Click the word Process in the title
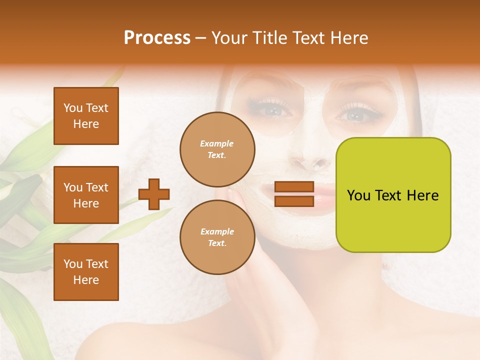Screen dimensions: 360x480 click(157, 38)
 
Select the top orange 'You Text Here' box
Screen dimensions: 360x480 click(86, 116)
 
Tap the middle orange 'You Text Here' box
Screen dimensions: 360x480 click(86, 195)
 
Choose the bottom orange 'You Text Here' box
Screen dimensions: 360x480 click(86, 272)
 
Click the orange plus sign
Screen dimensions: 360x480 click(154, 194)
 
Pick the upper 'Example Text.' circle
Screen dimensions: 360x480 click(217, 149)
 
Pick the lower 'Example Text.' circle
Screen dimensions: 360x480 click(217, 237)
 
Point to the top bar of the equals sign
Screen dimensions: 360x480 click(294, 187)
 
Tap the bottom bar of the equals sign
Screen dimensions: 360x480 click(294, 201)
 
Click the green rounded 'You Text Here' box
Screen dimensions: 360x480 click(393, 195)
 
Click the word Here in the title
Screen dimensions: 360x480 click(349, 38)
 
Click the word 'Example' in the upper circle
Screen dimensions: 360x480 click(217, 144)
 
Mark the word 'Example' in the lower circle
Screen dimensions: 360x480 click(217, 232)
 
